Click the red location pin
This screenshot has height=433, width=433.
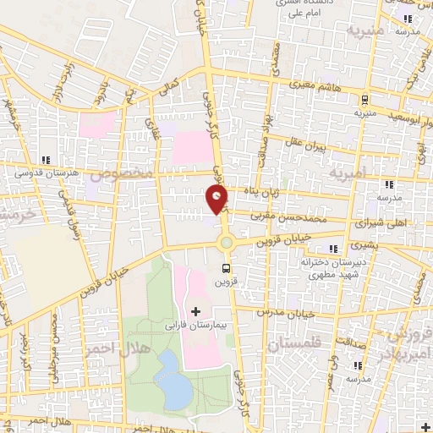coord(217,200)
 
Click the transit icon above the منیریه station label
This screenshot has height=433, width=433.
coord(364,98)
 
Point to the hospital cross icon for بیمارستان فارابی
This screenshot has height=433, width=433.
coord(196,312)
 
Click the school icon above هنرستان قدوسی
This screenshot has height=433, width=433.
coord(46,159)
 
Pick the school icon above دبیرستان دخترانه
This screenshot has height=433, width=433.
coord(333,249)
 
